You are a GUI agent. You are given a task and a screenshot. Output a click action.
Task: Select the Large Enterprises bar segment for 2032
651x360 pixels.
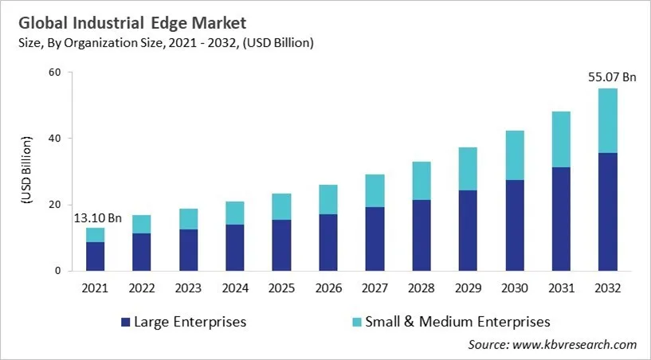[607, 212]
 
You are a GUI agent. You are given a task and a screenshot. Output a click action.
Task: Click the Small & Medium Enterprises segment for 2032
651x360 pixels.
[607, 120]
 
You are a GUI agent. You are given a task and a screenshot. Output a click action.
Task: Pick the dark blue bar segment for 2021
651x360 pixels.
[96, 256]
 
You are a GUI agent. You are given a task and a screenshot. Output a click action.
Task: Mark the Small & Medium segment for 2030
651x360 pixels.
[515, 155]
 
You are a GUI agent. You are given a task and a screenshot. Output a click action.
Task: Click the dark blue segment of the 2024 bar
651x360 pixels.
[235, 248]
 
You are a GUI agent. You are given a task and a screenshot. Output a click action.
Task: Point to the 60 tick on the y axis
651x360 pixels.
[54, 72]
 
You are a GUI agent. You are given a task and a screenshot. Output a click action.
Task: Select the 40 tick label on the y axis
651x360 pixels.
[54, 139]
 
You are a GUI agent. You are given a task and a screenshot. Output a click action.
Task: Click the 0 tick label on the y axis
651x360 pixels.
[57, 271]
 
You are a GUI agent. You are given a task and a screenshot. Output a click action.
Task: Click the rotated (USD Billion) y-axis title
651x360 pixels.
[26, 171]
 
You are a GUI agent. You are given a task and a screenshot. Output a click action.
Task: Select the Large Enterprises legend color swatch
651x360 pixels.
[125, 323]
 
